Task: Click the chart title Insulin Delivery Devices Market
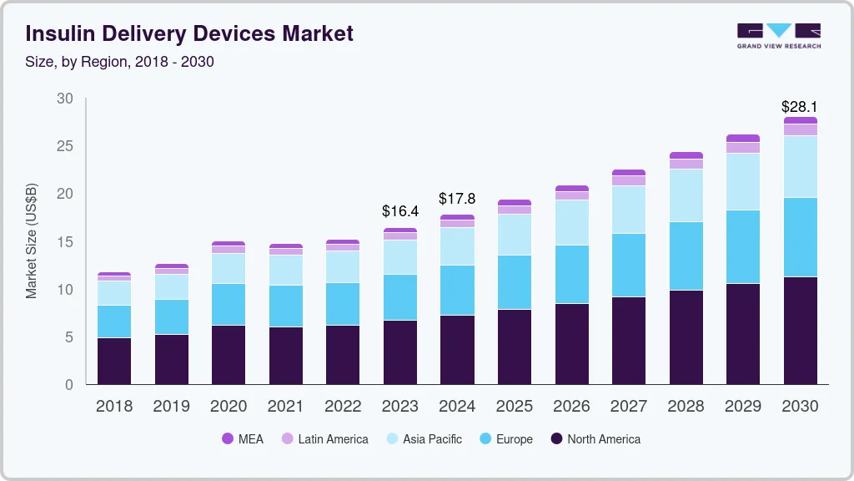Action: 189,33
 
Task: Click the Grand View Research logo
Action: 778,35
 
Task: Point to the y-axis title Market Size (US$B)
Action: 32,241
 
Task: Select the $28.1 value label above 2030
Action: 799,107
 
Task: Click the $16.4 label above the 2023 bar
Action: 399,211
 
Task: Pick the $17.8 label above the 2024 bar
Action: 457,199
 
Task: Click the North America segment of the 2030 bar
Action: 800,331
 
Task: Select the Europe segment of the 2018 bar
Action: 114,322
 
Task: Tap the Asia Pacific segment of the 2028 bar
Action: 686,195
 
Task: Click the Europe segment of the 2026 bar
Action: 571,274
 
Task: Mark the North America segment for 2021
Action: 285,356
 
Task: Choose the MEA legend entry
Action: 242,439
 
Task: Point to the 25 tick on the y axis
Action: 64,146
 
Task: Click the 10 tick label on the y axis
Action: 64,290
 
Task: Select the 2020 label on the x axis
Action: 229,407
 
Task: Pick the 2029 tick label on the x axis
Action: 743,407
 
